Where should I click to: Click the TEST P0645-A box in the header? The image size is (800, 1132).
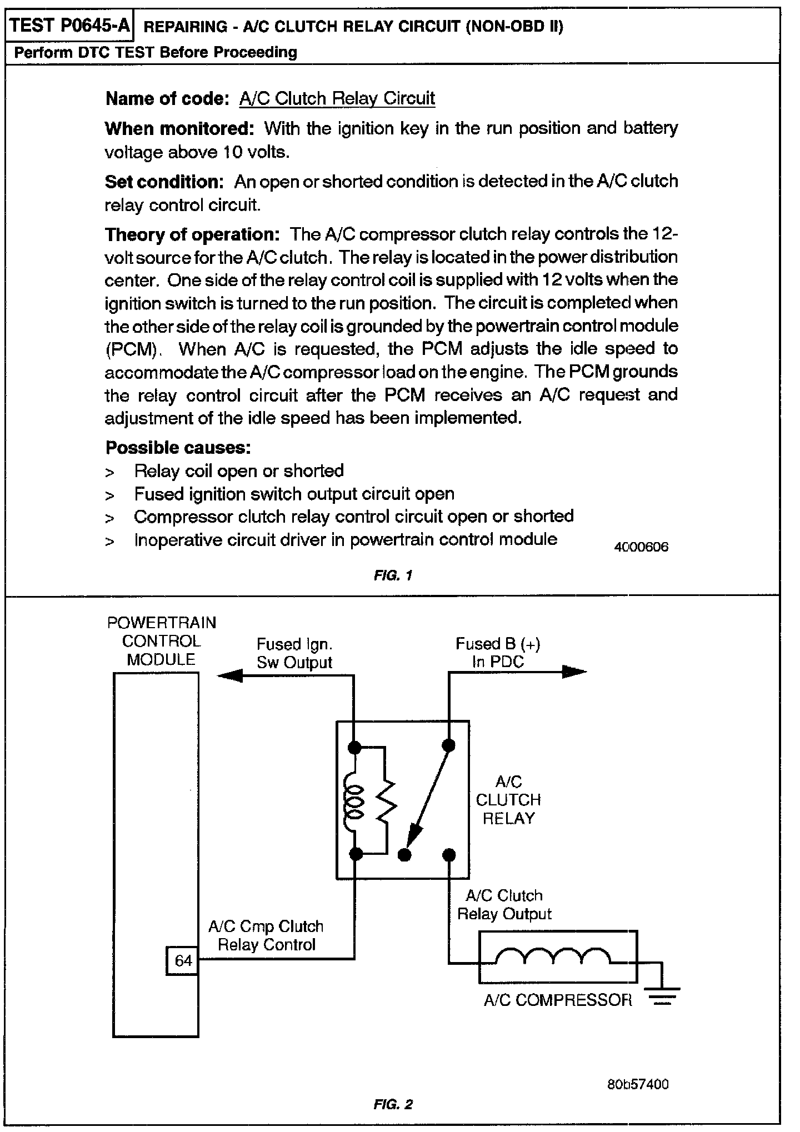point(69,26)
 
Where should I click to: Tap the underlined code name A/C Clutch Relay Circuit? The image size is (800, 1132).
point(337,99)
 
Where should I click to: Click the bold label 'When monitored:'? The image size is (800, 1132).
point(179,129)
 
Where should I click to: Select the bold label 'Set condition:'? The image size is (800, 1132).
point(164,182)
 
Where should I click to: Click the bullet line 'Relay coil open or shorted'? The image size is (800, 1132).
point(239,471)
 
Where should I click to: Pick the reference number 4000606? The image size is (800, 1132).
point(641,547)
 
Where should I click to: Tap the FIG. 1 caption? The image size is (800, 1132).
point(393,575)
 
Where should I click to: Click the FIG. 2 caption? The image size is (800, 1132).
point(393,1104)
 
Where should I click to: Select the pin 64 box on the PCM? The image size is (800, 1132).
point(183,960)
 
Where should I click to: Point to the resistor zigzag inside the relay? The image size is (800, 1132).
point(386,800)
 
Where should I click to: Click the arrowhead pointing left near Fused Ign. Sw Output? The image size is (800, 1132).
point(229,675)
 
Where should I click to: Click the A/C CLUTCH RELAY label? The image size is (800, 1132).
point(508,800)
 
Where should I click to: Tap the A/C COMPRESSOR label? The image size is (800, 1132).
point(557,1000)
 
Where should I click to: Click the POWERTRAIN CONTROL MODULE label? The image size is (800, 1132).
point(161,641)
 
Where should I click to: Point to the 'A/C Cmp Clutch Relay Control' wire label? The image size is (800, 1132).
point(266,935)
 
